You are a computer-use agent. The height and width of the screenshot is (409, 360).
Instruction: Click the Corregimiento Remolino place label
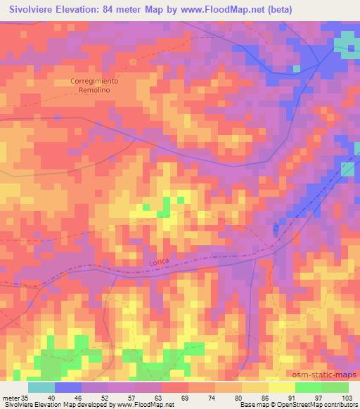click(94, 86)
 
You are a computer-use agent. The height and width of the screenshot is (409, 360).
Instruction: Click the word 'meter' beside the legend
click(9, 398)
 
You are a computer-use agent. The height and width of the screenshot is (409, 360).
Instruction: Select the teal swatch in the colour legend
click(41, 387)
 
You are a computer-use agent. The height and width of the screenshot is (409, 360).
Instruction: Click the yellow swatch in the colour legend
click(282, 387)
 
